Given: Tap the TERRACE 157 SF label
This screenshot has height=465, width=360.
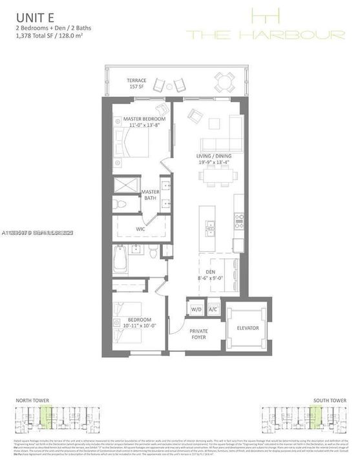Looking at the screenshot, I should [136, 84].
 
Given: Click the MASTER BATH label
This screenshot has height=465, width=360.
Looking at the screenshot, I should [151, 195].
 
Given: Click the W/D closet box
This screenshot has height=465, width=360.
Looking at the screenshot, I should [195, 309].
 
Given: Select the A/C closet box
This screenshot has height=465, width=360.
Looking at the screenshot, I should [213, 309].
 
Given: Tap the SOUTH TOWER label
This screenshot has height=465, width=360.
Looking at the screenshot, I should [327, 401].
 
